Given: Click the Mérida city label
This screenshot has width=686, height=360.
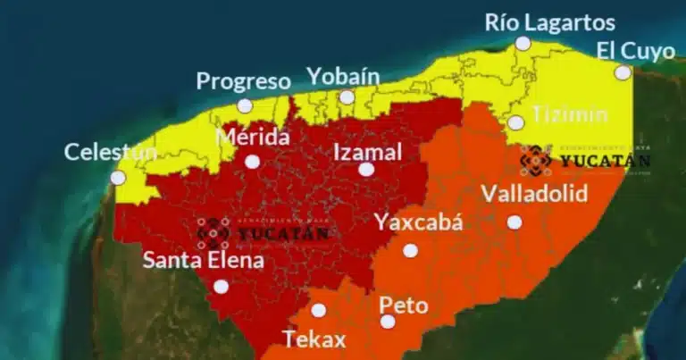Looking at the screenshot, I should [x=254, y=138].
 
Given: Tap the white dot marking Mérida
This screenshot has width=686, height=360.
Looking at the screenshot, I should [x=253, y=162].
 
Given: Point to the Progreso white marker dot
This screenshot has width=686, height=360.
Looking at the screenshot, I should [x=245, y=105].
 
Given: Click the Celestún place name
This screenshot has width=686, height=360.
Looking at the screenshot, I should [x=105, y=152].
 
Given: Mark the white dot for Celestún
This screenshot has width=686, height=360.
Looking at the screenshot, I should [x=118, y=178].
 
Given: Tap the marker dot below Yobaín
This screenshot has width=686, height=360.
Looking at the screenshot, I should [x=347, y=96].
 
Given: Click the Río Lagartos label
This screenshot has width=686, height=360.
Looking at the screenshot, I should [x=550, y=21].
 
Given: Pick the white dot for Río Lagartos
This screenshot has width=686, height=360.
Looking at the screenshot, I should [x=523, y=43].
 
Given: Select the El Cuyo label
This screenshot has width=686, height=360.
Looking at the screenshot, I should [x=636, y=51].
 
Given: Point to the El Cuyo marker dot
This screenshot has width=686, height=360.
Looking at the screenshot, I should [x=623, y=72].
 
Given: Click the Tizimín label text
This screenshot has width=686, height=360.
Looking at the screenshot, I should [x=569, y=113].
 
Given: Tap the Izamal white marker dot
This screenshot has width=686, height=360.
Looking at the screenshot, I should [x=366, y=169].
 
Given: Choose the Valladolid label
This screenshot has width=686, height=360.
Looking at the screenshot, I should [x=534, y=194].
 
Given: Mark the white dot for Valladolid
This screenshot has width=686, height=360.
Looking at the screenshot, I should [x=514, y=222].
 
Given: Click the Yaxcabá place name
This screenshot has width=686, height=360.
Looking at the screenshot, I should [x=419, y=222].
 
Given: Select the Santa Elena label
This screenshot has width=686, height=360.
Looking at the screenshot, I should [x=204, y=261].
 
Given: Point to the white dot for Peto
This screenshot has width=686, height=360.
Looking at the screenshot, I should [x=388, y=322].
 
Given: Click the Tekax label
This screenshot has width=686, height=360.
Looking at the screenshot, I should [x=314, y=339].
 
